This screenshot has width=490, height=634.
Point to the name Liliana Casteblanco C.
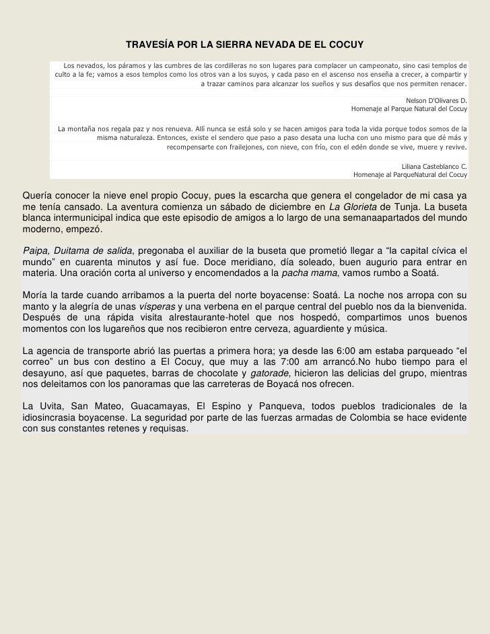pyautogui.click(x=433, y=166)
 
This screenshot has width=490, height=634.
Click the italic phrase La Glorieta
pyautogui.click(x=355, y=207)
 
